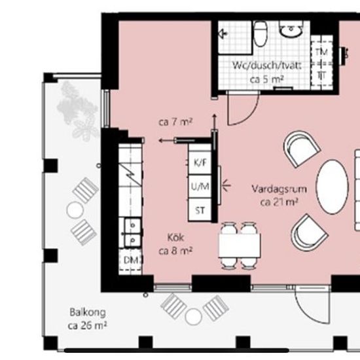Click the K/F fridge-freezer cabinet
point(200,162)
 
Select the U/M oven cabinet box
point(200,186)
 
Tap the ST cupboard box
point(200,210)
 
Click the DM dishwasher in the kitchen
point(130,260)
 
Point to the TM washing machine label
point(321,52)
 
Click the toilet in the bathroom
point(261,33)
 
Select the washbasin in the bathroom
point(291,29)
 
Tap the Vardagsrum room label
point(279,189)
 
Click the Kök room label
point(175,238)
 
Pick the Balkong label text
point(88,312)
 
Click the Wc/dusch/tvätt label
point(266,65)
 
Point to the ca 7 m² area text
point(175,122)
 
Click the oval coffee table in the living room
point(333,187)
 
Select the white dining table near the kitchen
point(240,245)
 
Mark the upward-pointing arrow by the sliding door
point(215,122)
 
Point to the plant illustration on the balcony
point(78,111)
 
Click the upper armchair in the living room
point(301,149)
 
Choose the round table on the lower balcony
point(193,317)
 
